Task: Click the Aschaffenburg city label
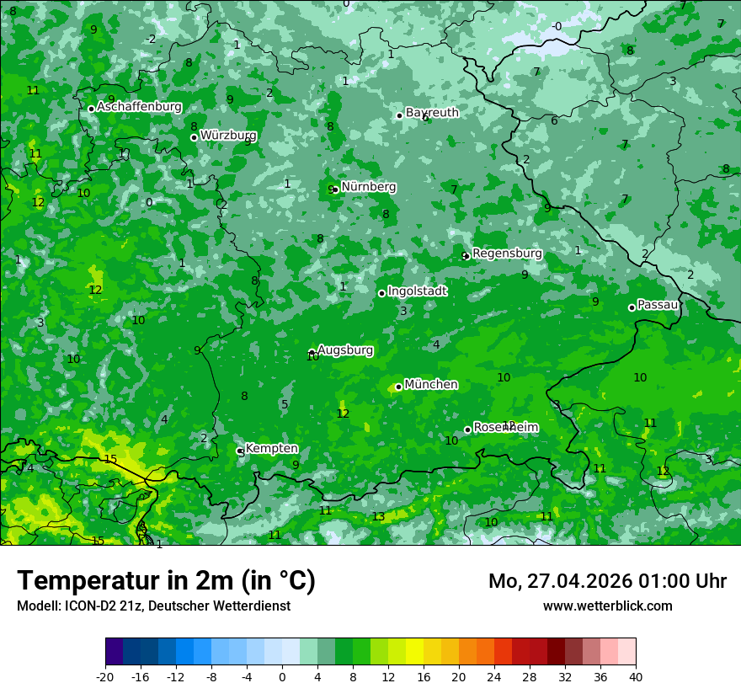(x=139, y=107)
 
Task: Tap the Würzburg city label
(x=228, y=135)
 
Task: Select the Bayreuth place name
(x=432, y=112)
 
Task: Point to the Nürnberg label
(x=368, y=187)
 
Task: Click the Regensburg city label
(x=507, y=253)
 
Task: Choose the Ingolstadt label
(x=417, y=291)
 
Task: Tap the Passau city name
(x=658, y=305)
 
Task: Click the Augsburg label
(x=344, y=349)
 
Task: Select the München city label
(x=430, y=384)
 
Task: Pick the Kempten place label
(x=270, y=449)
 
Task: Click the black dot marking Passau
(x=632, y=307)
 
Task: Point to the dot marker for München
(x=398, y=387)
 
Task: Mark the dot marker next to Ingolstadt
(x=381, y=293)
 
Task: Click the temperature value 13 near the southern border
(x=379, y=517)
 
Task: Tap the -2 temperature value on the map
(x=151, y=39)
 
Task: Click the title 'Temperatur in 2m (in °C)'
(x=166, y=581)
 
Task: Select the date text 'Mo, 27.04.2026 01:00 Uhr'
(x=607, y=581)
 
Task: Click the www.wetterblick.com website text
(x=607, y=606)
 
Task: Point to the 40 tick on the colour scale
(x=635, y=677)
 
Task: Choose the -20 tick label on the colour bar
(x=105, y=677)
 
